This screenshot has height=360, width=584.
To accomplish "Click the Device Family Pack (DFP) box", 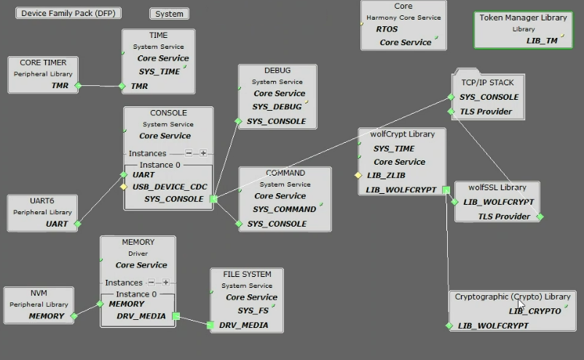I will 68,13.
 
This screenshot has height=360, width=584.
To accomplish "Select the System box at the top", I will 169,13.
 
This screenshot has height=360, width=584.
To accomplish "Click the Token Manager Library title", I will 523,17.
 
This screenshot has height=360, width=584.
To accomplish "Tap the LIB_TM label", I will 542,41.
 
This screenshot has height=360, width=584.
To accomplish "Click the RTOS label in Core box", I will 387,29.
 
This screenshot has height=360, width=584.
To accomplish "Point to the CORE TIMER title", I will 41,63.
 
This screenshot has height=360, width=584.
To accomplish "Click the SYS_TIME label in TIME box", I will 158,71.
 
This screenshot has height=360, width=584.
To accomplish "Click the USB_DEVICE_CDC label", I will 170,187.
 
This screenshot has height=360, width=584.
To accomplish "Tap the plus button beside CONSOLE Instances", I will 203,154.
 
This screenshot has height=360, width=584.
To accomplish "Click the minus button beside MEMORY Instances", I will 151,283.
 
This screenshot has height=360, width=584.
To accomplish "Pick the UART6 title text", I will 42,201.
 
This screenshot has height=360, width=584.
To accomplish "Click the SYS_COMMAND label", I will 284,209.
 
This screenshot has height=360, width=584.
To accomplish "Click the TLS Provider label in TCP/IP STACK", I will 486,111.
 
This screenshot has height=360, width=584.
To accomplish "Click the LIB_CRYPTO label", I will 534,311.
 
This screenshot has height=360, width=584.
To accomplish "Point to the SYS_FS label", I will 253,310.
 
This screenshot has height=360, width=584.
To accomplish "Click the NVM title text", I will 39,293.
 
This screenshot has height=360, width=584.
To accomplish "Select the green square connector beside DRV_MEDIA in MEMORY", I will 175,317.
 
